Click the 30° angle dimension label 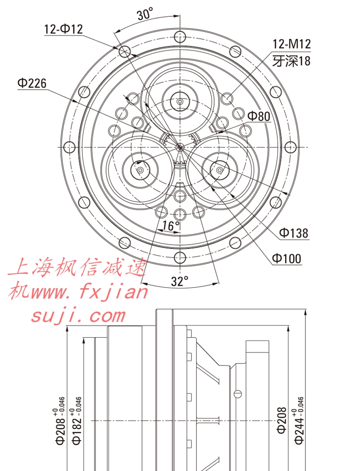[x=145, y=14]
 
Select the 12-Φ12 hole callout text [x=63, y=29]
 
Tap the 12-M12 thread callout [x=291, y=44]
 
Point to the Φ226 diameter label [x=32, y=83]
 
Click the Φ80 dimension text [x=259, y=116]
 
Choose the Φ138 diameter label [x=294, y=233]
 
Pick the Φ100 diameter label [x=287, y=259]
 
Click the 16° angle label [x=170, y=225]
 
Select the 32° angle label [x=180, y=281]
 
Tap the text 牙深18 [x=291, y=61]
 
